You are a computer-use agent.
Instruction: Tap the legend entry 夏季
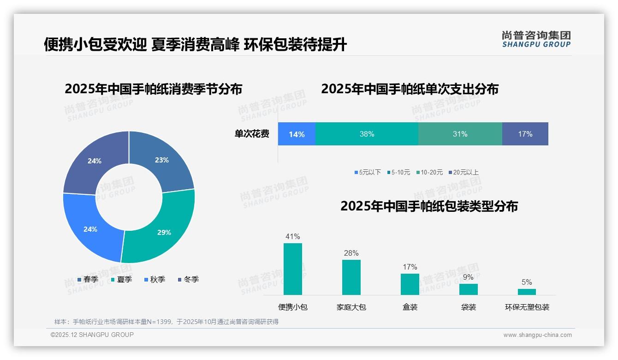tap(121, 279)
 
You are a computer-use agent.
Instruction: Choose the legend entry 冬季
tap(188, 279)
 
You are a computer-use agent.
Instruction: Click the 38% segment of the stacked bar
tap(367, 134)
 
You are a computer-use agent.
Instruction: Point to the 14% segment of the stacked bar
tap(297, 134)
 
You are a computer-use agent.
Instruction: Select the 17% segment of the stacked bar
tap(525, 134)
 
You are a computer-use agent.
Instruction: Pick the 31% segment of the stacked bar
tap(460, 134)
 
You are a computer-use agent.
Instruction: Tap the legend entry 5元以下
tap(368, 172)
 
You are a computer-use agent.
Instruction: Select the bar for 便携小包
tap(293, 269)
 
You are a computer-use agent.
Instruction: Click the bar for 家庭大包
tap(351, 277)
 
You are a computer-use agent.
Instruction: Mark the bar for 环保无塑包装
tap(527, 292)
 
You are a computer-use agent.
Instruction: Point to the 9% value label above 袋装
tap(468, 277)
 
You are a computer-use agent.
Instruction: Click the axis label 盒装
tap(410, 307)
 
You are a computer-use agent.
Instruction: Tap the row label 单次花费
tap(252, 134)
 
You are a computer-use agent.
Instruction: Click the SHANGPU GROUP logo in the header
tap(536, 39)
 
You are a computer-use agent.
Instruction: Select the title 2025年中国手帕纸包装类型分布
tap(429, 206)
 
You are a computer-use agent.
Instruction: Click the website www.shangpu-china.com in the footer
tap(537, 335)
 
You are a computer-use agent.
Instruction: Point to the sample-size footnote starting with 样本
tap(166, 322)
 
